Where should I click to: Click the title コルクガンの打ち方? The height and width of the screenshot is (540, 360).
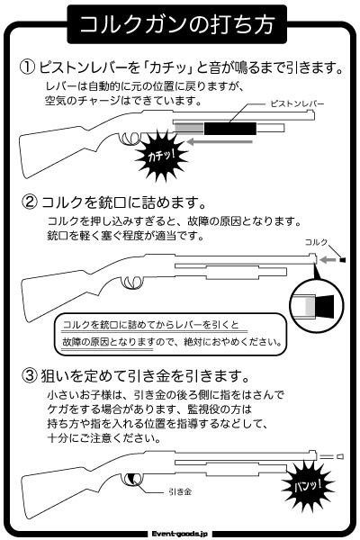tap(176, 24)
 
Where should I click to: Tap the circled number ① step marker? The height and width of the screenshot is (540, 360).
tap(28, 67)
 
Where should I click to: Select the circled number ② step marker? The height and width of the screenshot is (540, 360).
tap(30, 202)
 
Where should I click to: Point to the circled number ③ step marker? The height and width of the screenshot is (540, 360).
tap(30, 375)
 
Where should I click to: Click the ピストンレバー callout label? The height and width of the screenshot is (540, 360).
tap(297, 103)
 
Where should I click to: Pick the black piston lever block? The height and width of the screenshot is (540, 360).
tap(230, 129)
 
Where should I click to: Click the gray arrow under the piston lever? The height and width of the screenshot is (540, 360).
tap(220, 141)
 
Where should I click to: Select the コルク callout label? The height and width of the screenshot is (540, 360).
tap(316, 242)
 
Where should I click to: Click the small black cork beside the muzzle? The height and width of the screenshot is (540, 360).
tap(342, 260)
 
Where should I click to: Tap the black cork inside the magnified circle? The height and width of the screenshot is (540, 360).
tap(324, 305)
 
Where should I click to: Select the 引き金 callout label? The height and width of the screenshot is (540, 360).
tap(180, 491)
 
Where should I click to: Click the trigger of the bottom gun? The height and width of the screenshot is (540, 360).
tap(132, 479)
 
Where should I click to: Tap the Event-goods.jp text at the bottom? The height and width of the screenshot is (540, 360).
tap(180, 534)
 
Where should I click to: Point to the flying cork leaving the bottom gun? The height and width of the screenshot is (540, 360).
tap(340, 456)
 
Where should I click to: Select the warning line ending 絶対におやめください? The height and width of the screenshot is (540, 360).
tap(172, 342)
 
